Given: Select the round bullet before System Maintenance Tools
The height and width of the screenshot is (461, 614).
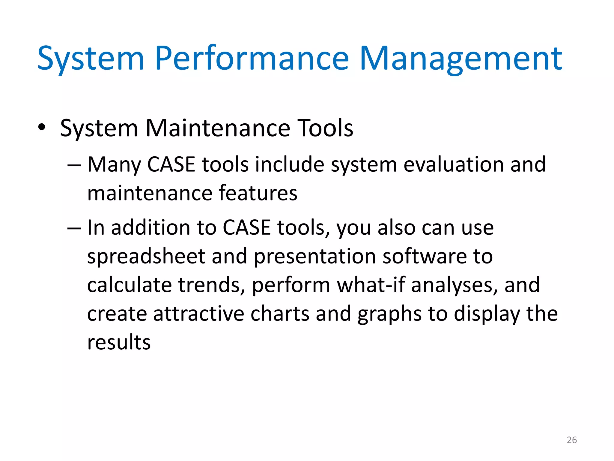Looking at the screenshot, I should tap(42, 127).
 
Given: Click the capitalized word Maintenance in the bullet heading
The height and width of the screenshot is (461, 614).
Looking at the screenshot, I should tap(218, 128).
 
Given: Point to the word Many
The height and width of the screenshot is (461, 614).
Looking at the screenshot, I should tap(114, 165).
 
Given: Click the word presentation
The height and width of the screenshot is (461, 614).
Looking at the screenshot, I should tap(315, 257).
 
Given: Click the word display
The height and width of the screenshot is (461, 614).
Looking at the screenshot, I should tap(487, 314).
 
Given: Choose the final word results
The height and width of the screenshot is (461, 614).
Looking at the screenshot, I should tap(119, 342).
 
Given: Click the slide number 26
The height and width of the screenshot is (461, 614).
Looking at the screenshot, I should tap(572, 440).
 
